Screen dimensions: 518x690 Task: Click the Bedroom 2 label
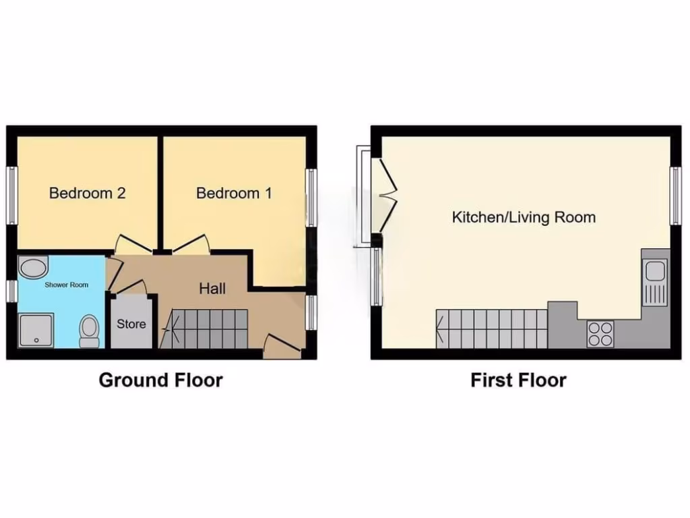pyautogui.click(x=88, y=194)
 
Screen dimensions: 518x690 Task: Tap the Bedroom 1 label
pyautogui.click(x=234, y=194)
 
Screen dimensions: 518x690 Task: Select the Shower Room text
pyautogui.click(x=67, y=285)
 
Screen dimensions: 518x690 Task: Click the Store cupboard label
pyautogui.click(x=131, y=324)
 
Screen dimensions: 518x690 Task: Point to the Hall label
pyautogui.click(x=212, y=289)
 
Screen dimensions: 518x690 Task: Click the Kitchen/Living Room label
pyautogui.click(x=524, y=217)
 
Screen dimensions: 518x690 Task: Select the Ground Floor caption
pyautogui.click(x=160, y=380)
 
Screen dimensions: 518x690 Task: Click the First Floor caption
pyautogui.click(x=518, y=380)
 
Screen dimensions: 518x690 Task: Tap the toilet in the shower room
pyautogui.click(x=89, y=331)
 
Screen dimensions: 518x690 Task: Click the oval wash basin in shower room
pyautogui.click(x=31, y=269)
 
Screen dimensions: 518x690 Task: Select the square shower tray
pyautogui.click(x=36, y=330)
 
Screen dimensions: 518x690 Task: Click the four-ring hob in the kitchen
pyautogui.click(x=600, y=333)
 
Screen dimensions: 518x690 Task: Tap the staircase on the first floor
pyautogui.click(x=492, y=328)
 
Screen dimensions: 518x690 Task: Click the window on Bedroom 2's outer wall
pyautogui.click(x=11, y=195)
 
